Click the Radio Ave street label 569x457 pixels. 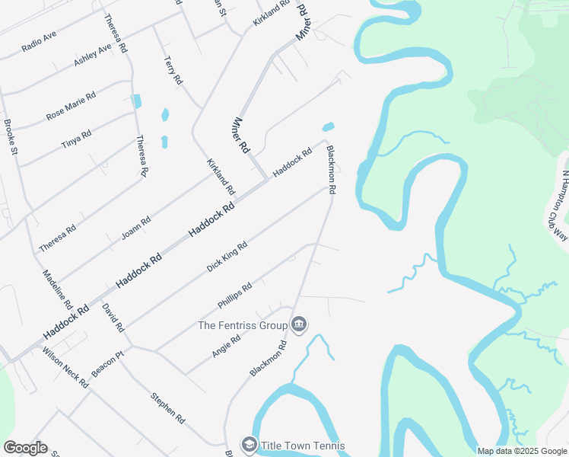[39, 41]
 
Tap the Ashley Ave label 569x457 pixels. [92, 54]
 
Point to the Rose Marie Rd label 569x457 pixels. [71, 106]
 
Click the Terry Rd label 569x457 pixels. [174, 69]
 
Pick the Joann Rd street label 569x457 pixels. [136, 228]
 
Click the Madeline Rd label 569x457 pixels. [57, 289]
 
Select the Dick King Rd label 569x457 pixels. [227, 257]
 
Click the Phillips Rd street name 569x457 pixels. [234, 296]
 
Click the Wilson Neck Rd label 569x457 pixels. [65, 368]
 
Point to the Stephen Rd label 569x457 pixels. [167, 407]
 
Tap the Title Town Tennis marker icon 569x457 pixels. [249, 445]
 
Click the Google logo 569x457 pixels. [25, 448]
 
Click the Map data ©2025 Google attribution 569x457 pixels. [522, 451]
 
